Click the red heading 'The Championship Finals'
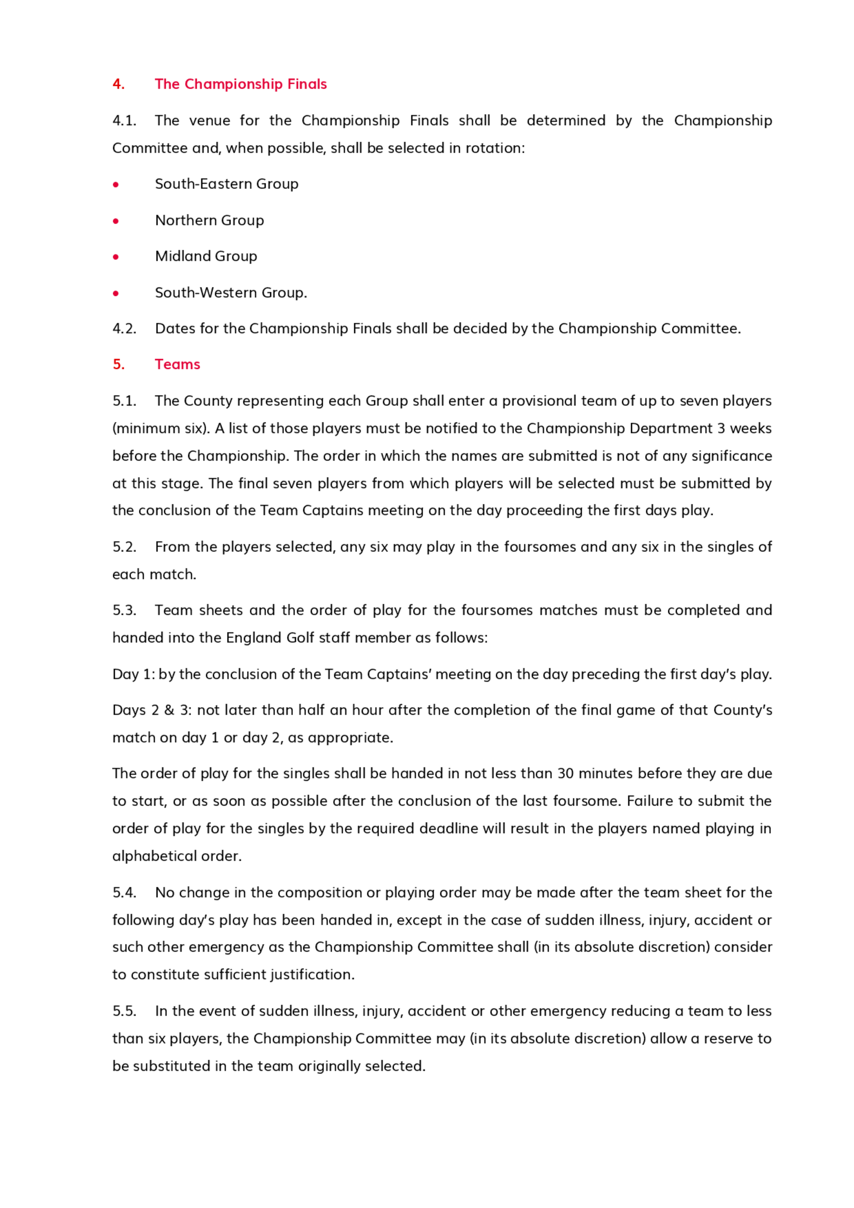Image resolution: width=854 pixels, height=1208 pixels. [240, 84]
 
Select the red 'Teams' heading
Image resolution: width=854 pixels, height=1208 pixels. [177, 364]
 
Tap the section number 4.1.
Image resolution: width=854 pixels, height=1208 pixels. [124, 120]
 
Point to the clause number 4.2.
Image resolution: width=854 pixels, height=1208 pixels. [124, 328]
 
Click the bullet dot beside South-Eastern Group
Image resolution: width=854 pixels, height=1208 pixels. [116, 184]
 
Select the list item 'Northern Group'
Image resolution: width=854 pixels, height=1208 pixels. [209, 220]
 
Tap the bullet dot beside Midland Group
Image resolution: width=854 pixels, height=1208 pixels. [116, 257]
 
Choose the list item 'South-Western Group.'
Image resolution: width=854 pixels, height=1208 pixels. [231, 292]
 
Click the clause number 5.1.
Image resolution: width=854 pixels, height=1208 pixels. [124, 401]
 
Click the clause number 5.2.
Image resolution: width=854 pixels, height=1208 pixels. [124, 547]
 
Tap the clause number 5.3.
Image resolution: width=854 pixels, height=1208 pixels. [124, 610]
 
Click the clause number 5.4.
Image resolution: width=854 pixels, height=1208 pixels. [124, 892]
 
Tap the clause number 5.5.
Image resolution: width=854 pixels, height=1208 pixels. [124, 1011]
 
